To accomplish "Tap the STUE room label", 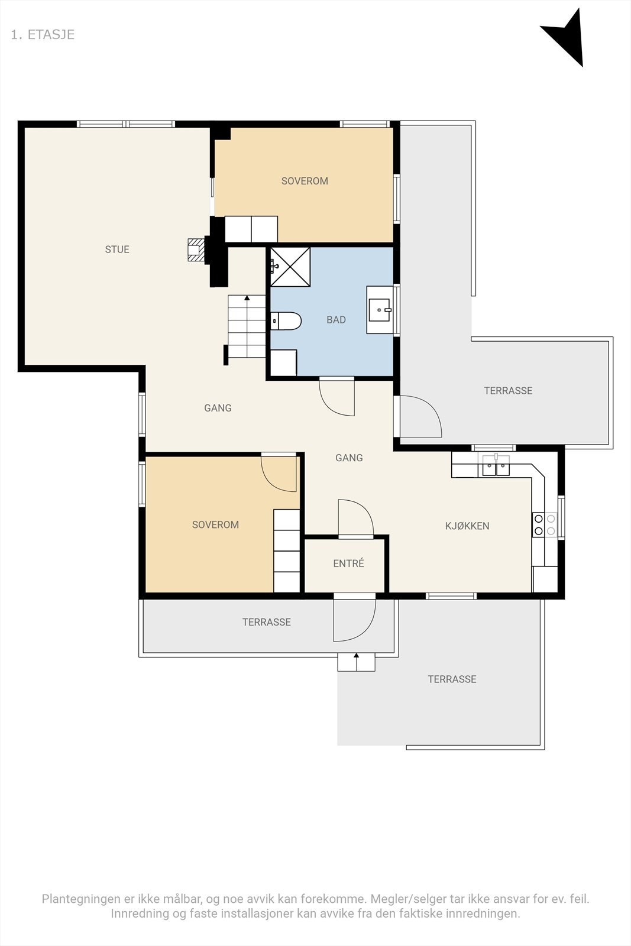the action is [117, 250].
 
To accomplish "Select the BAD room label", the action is [336, 320].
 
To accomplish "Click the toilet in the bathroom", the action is [286, 321].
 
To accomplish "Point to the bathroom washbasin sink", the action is [380, 310].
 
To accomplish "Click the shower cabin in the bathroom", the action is [290, 267].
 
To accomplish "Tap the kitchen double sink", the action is [496, 466].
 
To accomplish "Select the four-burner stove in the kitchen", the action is [545, 524].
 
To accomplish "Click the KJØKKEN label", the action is [467, 526].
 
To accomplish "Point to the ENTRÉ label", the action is [348, 563].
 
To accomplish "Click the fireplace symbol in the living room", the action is [196, 250].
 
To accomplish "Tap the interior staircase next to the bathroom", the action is [247, 326].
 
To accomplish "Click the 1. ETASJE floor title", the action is [43, 35].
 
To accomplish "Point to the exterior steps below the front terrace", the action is [356, 662].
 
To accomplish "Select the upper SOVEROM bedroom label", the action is [305, 181].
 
